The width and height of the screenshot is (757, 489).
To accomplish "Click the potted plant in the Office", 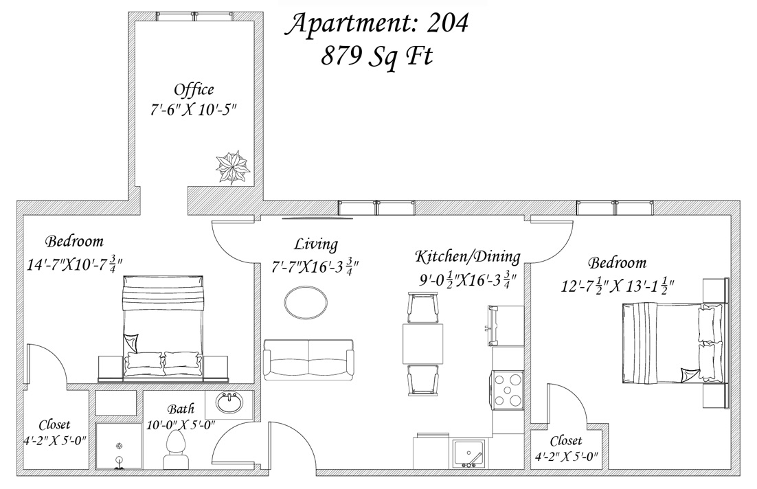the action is pyautogui.click(x=232, y=167).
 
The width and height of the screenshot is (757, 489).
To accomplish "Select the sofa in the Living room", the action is pyautogui.click(x=308, y=359).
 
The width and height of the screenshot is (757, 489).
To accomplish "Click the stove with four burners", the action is pyautogui.click(x=508, y=390).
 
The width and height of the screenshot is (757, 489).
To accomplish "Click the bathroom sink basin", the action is pyautogui.click(x=229, y=403).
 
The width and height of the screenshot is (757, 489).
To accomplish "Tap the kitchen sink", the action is pyautogui.click(x=468, y=454).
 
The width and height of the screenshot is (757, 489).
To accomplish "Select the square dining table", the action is pyautogui.click(x=423, y=344).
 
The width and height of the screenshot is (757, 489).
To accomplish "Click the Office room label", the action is pyautogui.click(x=194, y=90).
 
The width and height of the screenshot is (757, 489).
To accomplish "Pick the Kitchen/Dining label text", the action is pyautogui.click(x=467, y=257).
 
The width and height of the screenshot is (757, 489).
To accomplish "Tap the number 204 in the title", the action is pyautogui.click(x=447, y=23).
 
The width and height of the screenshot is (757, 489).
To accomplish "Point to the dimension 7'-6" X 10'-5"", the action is pyautogui.click(x=193, y=110).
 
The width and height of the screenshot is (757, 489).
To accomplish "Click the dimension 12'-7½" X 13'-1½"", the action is pyautogui.click(x=618, y=285).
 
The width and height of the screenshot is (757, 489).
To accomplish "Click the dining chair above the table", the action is pyautogui.click(x=423, y=308).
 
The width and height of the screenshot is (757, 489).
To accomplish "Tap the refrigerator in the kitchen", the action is pyautogui.click(x=506, y=326).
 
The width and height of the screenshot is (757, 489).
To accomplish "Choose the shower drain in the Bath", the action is pyautogui.click(x=119, y=446).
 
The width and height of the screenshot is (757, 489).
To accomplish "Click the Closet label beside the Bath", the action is pyautogui.click(x=54, y=425).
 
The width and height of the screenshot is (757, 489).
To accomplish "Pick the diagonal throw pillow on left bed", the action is pyautogui.click(x=131, y=343).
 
